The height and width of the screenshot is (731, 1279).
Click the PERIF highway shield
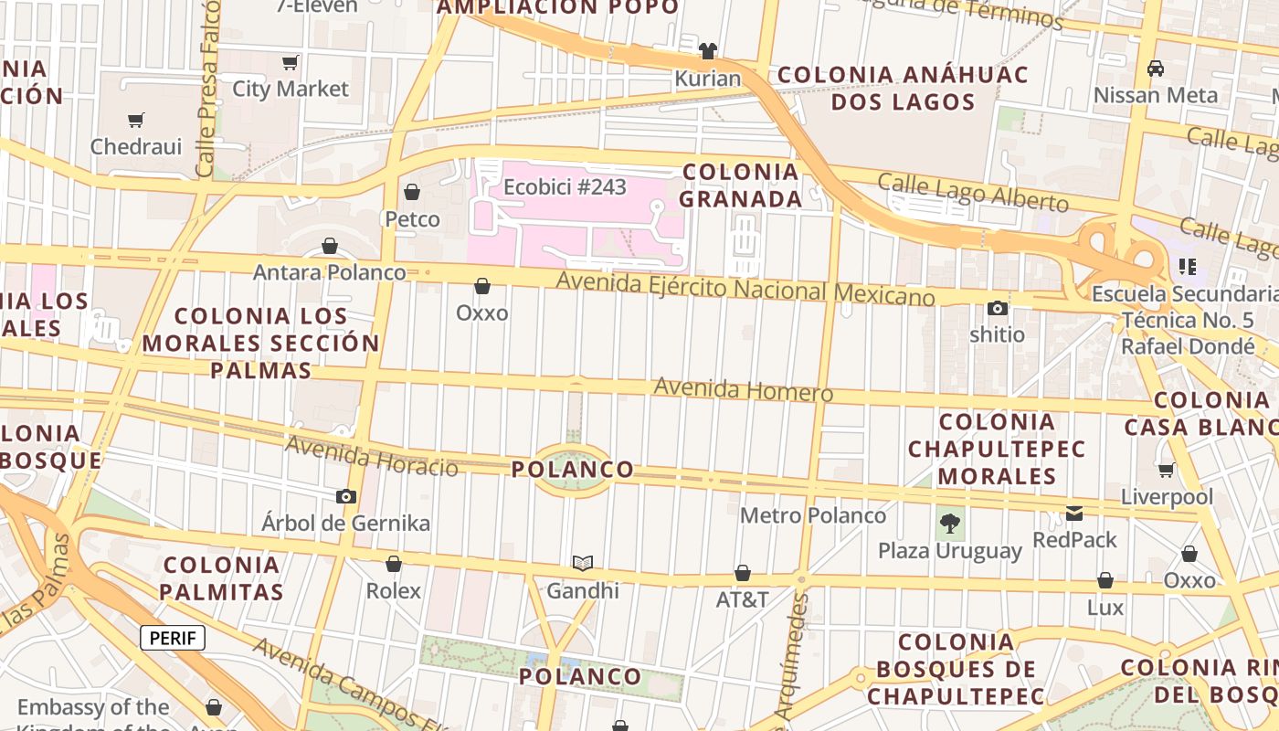click(173, 638)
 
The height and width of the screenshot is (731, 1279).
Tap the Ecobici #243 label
click(566, 187)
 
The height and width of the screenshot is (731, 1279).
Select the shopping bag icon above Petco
click(412, 192)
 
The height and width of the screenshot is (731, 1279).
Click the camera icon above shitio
click(998, 308)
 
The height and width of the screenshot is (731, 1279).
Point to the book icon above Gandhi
click(583, 563)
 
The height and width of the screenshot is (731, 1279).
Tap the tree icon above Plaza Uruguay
click(950, 524)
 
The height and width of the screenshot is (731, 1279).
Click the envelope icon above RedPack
click(1074, 513)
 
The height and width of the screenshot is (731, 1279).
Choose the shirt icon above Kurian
click(708, 51)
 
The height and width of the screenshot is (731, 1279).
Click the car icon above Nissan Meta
click(1156, 68)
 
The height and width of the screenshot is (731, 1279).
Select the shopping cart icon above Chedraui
click(136, 120)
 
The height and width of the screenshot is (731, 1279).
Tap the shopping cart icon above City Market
click(291, 62)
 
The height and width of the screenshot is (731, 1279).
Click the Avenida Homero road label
click(743, 390)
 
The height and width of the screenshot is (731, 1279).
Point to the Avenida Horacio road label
click(372, 456)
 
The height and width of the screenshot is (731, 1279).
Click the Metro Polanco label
click(813, 515)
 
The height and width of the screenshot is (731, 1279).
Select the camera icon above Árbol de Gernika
click(346, 496)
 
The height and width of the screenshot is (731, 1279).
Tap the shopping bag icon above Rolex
click(394, 564)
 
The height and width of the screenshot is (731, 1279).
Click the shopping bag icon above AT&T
click(743, 573)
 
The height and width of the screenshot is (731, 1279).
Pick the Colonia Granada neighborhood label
click(742, 185)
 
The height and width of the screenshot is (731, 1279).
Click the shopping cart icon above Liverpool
click(1167, 470)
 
